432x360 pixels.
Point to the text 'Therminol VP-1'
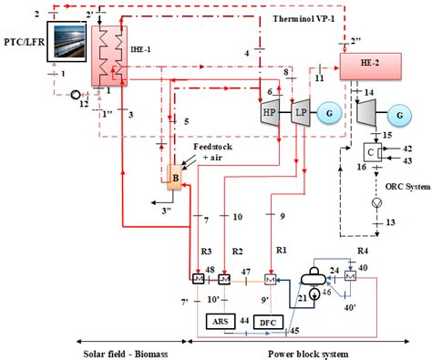click(x=305, y=18)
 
